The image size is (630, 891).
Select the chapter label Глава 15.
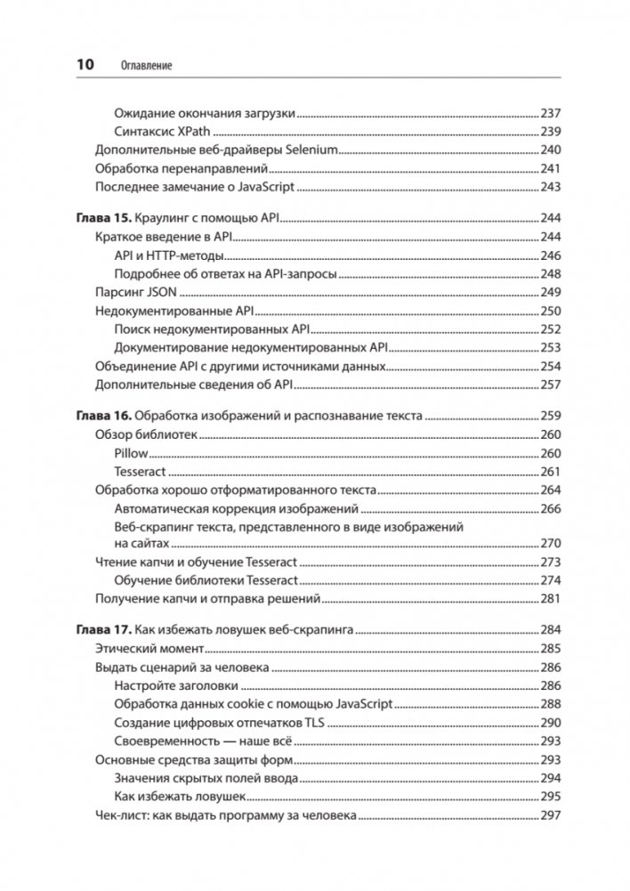pyautogui.click(x=102, y=217)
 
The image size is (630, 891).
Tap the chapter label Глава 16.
pyautogui.click(x=102, y=415)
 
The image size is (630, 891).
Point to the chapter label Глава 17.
pyautogui.click(x=102, y=630)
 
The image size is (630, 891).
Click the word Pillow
pyautogui.click(x=132, y=453)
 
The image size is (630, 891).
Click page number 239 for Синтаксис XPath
pyautogui.click(x=551, y=130)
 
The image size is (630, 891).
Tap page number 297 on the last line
pyautogui.click(x=551, y=815)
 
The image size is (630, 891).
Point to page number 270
pyautogui.click(x=551, y=543)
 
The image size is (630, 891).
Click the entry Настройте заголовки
pyautogui.click(x=177, y=685)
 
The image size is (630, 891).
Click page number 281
pyautogui.click(x=551, y=599)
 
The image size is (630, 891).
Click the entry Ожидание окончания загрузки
pyautogui.click(x=205, y=113)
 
